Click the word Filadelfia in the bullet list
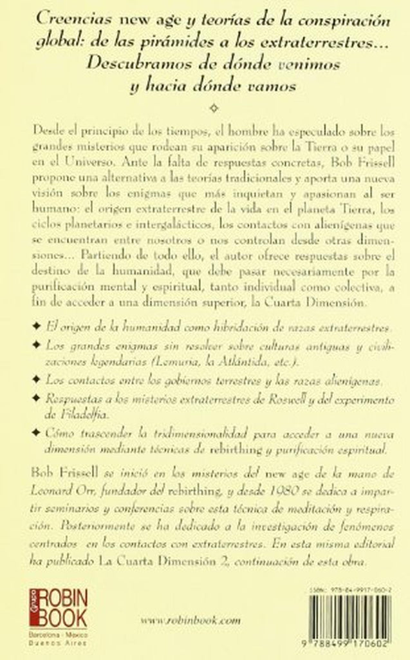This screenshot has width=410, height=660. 75,412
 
